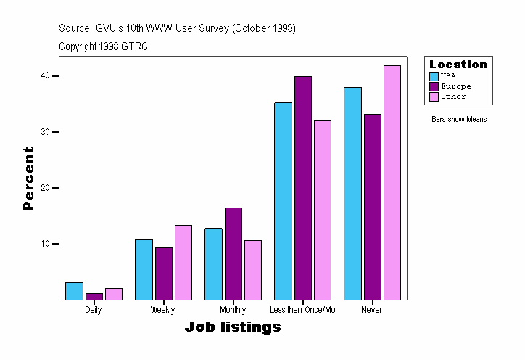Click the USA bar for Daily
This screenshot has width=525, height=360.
coord(74,291)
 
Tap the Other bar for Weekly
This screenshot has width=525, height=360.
coord(183,262)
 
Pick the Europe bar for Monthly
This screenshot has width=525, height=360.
coord(233,254)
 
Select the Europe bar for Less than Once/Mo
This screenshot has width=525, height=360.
coord(303,188)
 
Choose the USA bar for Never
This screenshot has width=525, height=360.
coord(352,193)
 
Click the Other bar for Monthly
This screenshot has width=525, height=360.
coord(253,270)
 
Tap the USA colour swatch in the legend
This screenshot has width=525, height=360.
coord(434,75)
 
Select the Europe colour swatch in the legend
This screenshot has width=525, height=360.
coord(434,86)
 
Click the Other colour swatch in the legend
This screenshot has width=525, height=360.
coord(434,97)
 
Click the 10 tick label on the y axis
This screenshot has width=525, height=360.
coord(46,244)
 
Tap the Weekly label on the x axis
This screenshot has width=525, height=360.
coord(162,310)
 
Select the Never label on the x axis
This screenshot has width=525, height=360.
coord(372,310)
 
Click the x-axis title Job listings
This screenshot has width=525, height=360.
coord(233,327)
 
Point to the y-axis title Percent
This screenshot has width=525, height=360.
coord(29,179)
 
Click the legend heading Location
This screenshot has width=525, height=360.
coord(458,65)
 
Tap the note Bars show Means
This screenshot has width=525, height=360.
coord(459,120)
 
